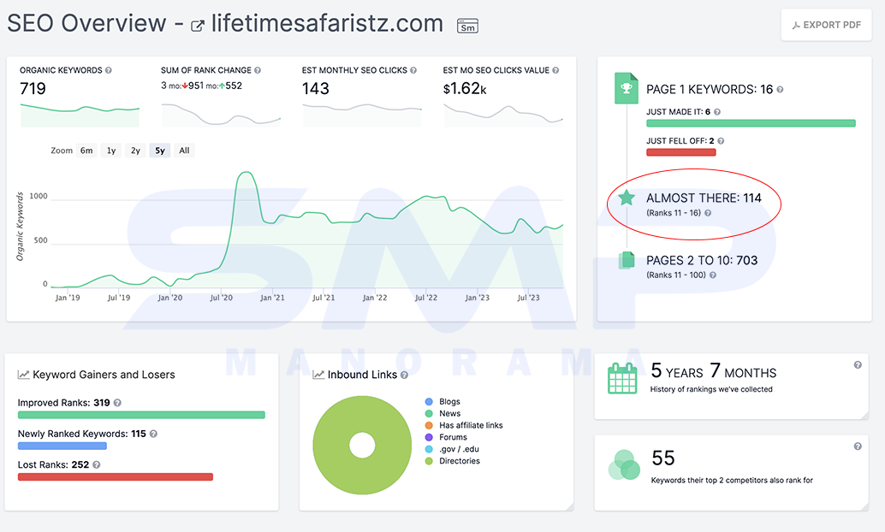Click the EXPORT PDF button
[x=826, y=25]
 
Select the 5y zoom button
[x=160, y=151]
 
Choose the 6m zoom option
[x=86, y=151]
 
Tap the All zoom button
[x=184, y=151]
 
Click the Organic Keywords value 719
[x=33, y=89]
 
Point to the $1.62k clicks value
[x=465, y=89]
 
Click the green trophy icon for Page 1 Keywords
[x=626, y=88]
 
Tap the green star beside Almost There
[x=627, y=198]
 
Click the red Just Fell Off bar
[x=680, y=152]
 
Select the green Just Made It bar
[x=751, y=123]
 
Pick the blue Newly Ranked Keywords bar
[x=62, y=446]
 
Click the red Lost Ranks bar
[x=116, y=476]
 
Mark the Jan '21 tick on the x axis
[x=272, y=298]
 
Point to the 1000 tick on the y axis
[x=39, y=197]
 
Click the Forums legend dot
[x=429, y=437]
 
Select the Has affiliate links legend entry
[x=464, y=425]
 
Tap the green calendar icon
[x=622, y=378]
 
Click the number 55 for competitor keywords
[x=663, y=458]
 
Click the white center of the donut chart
[x=362, y=445]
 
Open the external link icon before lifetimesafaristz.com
[x=197, y=26]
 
